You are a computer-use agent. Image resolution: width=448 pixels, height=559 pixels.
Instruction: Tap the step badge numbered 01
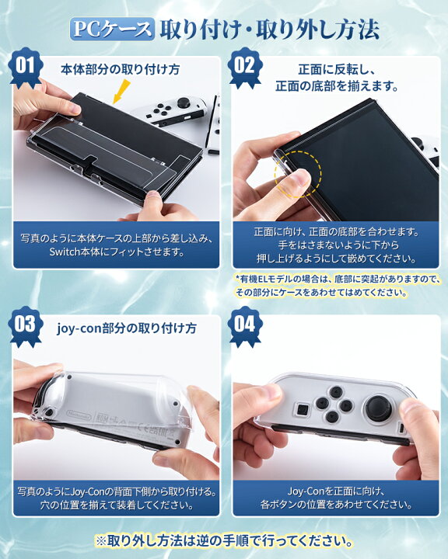pos(26,65)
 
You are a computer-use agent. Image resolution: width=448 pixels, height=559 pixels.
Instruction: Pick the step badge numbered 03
pos(26,324)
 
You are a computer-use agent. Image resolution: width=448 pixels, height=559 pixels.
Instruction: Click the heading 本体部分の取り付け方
pos(120,69)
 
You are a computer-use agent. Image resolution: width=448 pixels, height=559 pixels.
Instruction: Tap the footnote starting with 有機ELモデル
pos(337,285)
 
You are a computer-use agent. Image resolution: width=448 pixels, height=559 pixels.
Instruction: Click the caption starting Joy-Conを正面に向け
pos(337,498)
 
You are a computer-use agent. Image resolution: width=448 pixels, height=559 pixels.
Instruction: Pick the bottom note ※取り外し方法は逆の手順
pos(224,540)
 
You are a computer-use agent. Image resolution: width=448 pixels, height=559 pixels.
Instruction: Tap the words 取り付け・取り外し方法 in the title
pos(269,29)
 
